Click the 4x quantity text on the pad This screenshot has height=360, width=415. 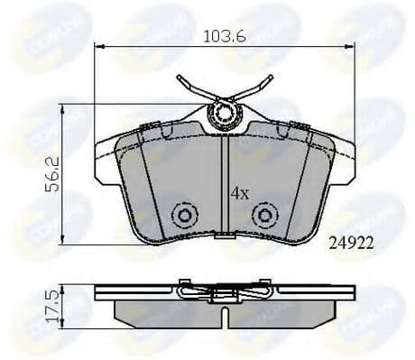pos(238,192)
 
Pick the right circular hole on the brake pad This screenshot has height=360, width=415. pos(263,217)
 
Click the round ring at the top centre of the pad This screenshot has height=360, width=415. pos(221,114)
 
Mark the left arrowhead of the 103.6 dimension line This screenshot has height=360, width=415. pos(98,48)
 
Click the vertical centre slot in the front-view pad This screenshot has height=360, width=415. pos(223,180)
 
